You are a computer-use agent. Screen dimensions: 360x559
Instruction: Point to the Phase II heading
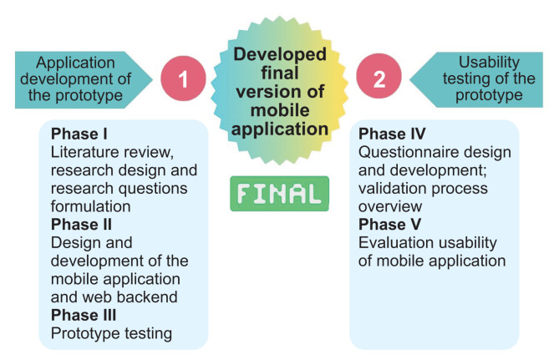(x=83, y=225)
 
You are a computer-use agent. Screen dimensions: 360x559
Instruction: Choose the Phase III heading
(x=85, y=315)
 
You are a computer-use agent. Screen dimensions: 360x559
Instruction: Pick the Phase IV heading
(x=393, y=134)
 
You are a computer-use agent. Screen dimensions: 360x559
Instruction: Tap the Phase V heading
(x=389, y=225)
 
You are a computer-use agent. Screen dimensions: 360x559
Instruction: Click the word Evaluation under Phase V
(x=396, y=243)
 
